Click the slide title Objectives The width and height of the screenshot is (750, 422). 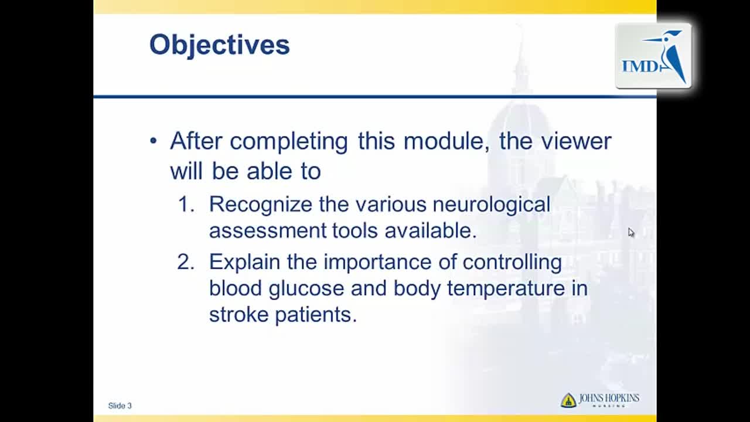220,45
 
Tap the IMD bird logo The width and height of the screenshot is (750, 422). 653,56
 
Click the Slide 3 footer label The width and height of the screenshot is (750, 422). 120,406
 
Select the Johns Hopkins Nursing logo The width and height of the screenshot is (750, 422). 600,400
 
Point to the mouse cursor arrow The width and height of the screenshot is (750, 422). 631,233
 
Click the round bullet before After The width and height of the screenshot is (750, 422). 154,141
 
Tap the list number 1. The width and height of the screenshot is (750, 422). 186,204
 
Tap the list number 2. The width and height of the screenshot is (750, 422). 186,262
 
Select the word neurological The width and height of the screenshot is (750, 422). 492,205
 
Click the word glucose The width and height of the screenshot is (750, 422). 306,290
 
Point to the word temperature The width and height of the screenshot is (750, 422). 506,290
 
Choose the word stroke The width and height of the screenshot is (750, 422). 238,315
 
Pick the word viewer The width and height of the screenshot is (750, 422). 576,142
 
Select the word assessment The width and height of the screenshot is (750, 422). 268,232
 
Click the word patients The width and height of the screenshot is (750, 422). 316,315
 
